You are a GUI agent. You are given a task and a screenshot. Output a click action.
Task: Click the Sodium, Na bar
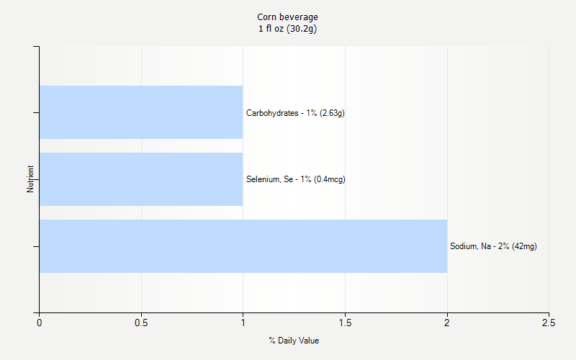(243, 246)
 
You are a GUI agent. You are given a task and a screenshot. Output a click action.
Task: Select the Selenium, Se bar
(141, 179)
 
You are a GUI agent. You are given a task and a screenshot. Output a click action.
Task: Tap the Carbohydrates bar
(141, 112)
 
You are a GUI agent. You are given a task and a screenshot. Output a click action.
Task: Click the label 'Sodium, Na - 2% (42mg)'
(493, 246)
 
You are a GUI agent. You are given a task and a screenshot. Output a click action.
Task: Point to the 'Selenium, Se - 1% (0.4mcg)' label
(295, 179)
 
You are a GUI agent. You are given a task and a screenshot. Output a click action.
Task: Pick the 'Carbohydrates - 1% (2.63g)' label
(295, 113)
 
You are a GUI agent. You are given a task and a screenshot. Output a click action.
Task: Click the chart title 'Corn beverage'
(287, 17)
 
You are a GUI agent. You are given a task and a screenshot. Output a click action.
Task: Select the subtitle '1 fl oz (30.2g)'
(287, 29)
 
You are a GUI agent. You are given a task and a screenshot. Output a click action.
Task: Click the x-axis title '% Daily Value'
(294, 341)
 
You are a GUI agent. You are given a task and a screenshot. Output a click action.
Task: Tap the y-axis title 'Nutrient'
(30, 179)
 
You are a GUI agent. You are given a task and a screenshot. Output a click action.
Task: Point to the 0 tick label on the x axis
(39, 323)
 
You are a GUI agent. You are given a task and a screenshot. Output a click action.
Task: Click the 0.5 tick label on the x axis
(141, 323)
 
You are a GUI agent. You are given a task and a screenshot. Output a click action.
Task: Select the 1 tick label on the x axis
(243, 323)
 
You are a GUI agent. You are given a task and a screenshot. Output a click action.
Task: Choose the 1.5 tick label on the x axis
(345, 323)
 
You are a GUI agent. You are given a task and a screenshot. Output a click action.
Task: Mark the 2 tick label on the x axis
(447, 323)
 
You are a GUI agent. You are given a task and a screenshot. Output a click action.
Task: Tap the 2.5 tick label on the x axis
(549, 323)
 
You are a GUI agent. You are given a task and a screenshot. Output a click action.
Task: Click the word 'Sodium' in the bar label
(463, 246)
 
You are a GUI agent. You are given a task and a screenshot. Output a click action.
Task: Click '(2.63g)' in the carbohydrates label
(332, 113)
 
